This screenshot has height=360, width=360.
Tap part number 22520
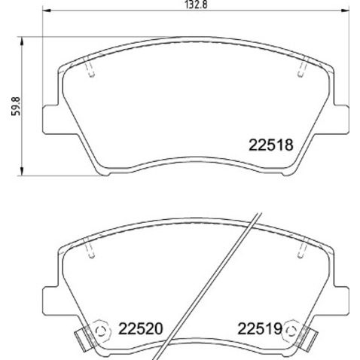coord(139,328)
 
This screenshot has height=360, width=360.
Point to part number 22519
coord(259,328)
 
